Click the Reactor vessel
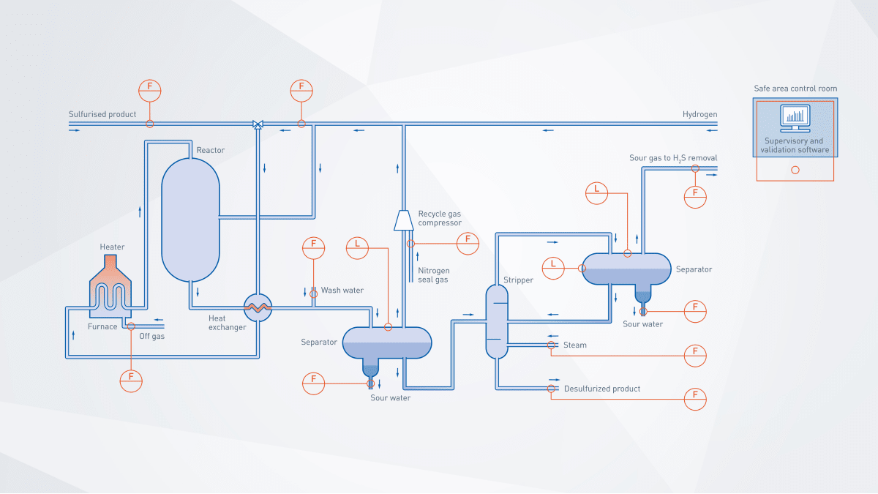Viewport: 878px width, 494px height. click(190, 220)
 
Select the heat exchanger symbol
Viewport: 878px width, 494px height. click(258, 307)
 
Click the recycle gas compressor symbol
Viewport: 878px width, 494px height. click(403, 220)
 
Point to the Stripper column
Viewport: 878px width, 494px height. click(497, 322)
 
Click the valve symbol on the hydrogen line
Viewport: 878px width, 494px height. click(258, 124)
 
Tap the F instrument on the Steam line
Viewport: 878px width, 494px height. click(695, 355)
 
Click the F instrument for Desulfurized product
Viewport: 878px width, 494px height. click(695, 399)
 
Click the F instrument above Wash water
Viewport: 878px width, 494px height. click(313, 248)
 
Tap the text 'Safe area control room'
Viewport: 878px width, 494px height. click(795, 89)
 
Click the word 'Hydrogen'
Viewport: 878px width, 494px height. click(699, 114)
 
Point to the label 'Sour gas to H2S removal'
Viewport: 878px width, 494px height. click(673, 158)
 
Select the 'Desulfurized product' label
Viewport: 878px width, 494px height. click(602, 389)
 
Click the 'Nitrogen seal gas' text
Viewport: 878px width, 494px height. click(433, 275)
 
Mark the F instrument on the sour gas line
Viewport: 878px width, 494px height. click(695, 195)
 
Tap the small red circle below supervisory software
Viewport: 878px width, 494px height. click(795, 170)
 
